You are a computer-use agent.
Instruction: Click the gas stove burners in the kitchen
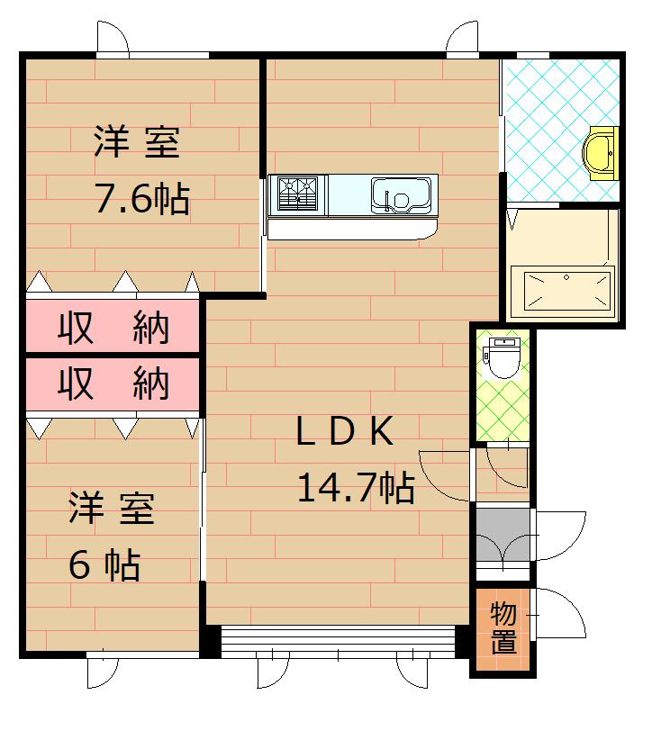298,194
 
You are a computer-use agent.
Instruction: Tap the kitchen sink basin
401,195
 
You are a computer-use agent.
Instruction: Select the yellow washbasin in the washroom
600,153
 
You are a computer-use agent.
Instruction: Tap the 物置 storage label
503,627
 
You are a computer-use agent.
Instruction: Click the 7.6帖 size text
142,198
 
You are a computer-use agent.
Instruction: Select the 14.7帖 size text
356,488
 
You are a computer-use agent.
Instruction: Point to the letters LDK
345,431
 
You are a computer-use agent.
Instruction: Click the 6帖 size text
105,565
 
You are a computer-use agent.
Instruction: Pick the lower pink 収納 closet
113,384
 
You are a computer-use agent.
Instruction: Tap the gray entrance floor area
503,535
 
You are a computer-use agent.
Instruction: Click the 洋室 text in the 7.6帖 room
137,142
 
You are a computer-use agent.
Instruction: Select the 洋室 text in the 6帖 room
113,508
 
